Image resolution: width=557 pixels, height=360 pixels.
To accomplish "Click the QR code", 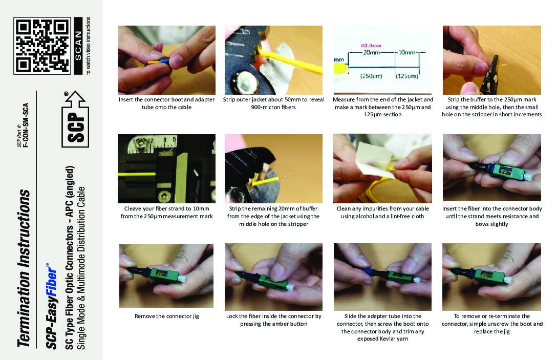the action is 42,46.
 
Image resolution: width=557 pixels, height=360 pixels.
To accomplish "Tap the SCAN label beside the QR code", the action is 78,46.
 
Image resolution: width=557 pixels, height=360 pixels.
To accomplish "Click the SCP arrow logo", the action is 75,119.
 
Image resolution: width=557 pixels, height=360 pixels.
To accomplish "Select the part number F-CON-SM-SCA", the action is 26,125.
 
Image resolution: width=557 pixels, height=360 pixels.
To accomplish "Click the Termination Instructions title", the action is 24,268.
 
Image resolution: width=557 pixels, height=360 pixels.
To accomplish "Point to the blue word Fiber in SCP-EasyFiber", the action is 52,282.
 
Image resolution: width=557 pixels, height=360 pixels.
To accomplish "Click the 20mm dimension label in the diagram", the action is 371,53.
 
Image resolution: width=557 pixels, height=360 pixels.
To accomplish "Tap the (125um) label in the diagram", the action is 407,76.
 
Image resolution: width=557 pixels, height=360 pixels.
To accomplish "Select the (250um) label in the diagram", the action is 371,76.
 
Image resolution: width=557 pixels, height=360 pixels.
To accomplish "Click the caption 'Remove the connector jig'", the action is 166,316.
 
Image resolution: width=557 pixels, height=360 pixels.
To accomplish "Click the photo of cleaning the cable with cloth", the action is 382,168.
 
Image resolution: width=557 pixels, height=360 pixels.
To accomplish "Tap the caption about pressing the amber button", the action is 273,320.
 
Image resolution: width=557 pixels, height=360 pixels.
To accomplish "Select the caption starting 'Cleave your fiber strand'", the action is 166,213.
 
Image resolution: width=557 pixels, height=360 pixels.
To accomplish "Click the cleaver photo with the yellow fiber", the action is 166,168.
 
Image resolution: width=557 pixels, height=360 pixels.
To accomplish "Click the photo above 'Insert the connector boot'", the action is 166,60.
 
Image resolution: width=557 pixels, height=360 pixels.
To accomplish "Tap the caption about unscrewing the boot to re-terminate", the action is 492,324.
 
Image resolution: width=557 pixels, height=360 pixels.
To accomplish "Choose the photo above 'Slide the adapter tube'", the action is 382,277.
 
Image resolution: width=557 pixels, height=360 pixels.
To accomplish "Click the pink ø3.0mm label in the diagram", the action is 371,46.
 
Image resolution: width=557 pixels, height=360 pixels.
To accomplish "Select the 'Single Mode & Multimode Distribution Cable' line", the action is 81,268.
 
